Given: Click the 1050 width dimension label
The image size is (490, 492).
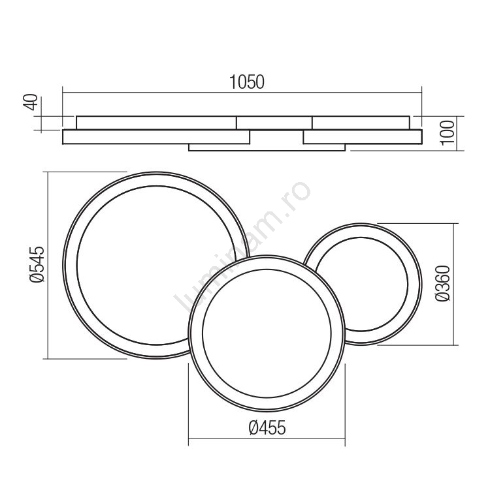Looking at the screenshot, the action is (247, 82).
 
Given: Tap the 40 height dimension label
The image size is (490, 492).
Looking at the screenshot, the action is (31, 102).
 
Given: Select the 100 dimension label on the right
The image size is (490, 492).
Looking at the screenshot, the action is (448, 132).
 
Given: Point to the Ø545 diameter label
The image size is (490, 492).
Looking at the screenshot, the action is (37, 264).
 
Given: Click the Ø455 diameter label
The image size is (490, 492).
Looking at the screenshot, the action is (267, 427).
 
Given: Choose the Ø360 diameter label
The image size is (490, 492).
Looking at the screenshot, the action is (443, 283).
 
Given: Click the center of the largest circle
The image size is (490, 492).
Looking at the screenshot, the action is (156, 265).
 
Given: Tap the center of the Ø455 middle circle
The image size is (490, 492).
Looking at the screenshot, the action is (267, 333).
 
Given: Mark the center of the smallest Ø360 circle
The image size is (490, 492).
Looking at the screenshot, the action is (361, 284).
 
